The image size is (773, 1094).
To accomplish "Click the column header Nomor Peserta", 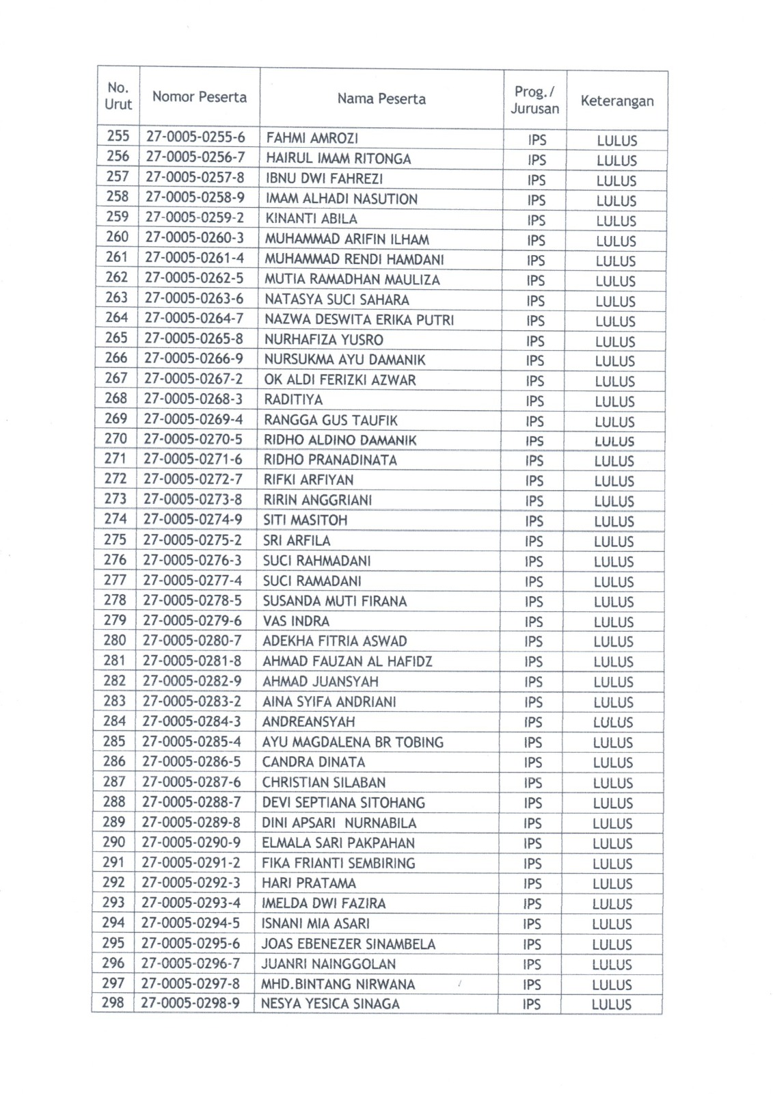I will click(x=199, y=97).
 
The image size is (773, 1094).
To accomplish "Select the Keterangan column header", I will click(x=616, y=101).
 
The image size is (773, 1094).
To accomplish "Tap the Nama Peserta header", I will click(x=381, y=99).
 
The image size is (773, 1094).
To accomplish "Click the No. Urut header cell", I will click(x=118, y=96).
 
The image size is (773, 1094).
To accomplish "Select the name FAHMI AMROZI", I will click(x=312, y=138).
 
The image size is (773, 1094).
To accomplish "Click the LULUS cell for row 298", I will click(x=611, y=1004).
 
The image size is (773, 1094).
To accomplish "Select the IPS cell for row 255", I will click(x=537, y=140).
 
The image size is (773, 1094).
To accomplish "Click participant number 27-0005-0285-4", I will click(x=191, y=741).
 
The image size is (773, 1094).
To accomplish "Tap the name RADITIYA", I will click(x=293, y=399).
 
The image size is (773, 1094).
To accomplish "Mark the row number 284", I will click(x=114, y=721).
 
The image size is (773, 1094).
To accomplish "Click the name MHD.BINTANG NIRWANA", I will click(x=338, y=984).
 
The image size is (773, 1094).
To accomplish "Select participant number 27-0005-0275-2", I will click(x=192, y=539).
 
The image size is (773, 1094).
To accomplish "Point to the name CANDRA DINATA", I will click(x=314, y=762).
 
